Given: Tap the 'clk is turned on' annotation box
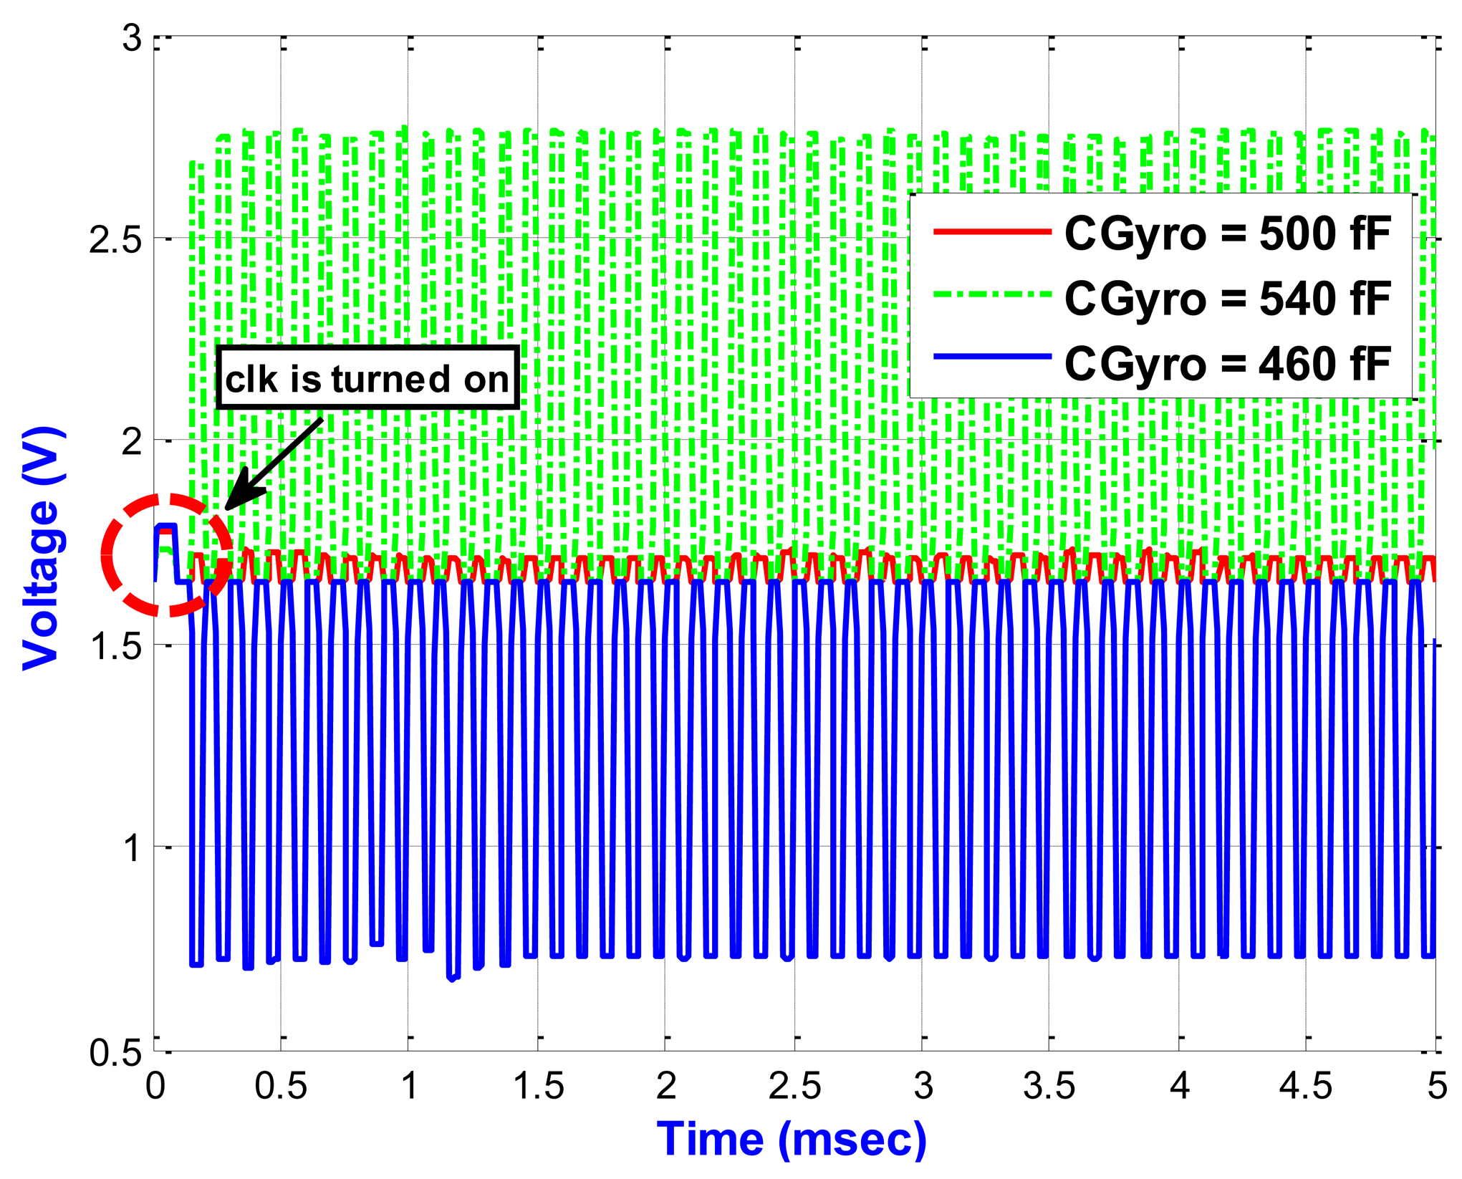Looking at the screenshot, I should tap(367, 379).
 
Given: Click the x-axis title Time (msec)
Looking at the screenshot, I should tap(792, 1139).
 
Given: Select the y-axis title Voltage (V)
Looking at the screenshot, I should tap(41, 549).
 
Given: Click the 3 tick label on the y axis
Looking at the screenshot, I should tap(132, 37).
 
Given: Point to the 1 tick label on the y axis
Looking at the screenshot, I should tap(132, 848).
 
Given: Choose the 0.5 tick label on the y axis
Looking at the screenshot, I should tap(115, 1053).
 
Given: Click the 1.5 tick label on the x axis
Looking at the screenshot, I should tap(539, 1087).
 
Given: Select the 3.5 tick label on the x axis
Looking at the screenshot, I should tap(1049, 1087).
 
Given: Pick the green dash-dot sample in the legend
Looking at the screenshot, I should tap(992, 294).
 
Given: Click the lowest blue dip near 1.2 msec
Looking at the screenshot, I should tap(453, 978).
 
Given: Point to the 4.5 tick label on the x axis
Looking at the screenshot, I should tap(1306, 1087).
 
